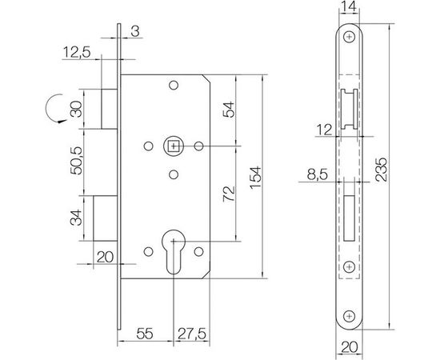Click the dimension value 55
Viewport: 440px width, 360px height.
(146, 330)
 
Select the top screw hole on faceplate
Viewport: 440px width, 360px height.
(350, 37)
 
